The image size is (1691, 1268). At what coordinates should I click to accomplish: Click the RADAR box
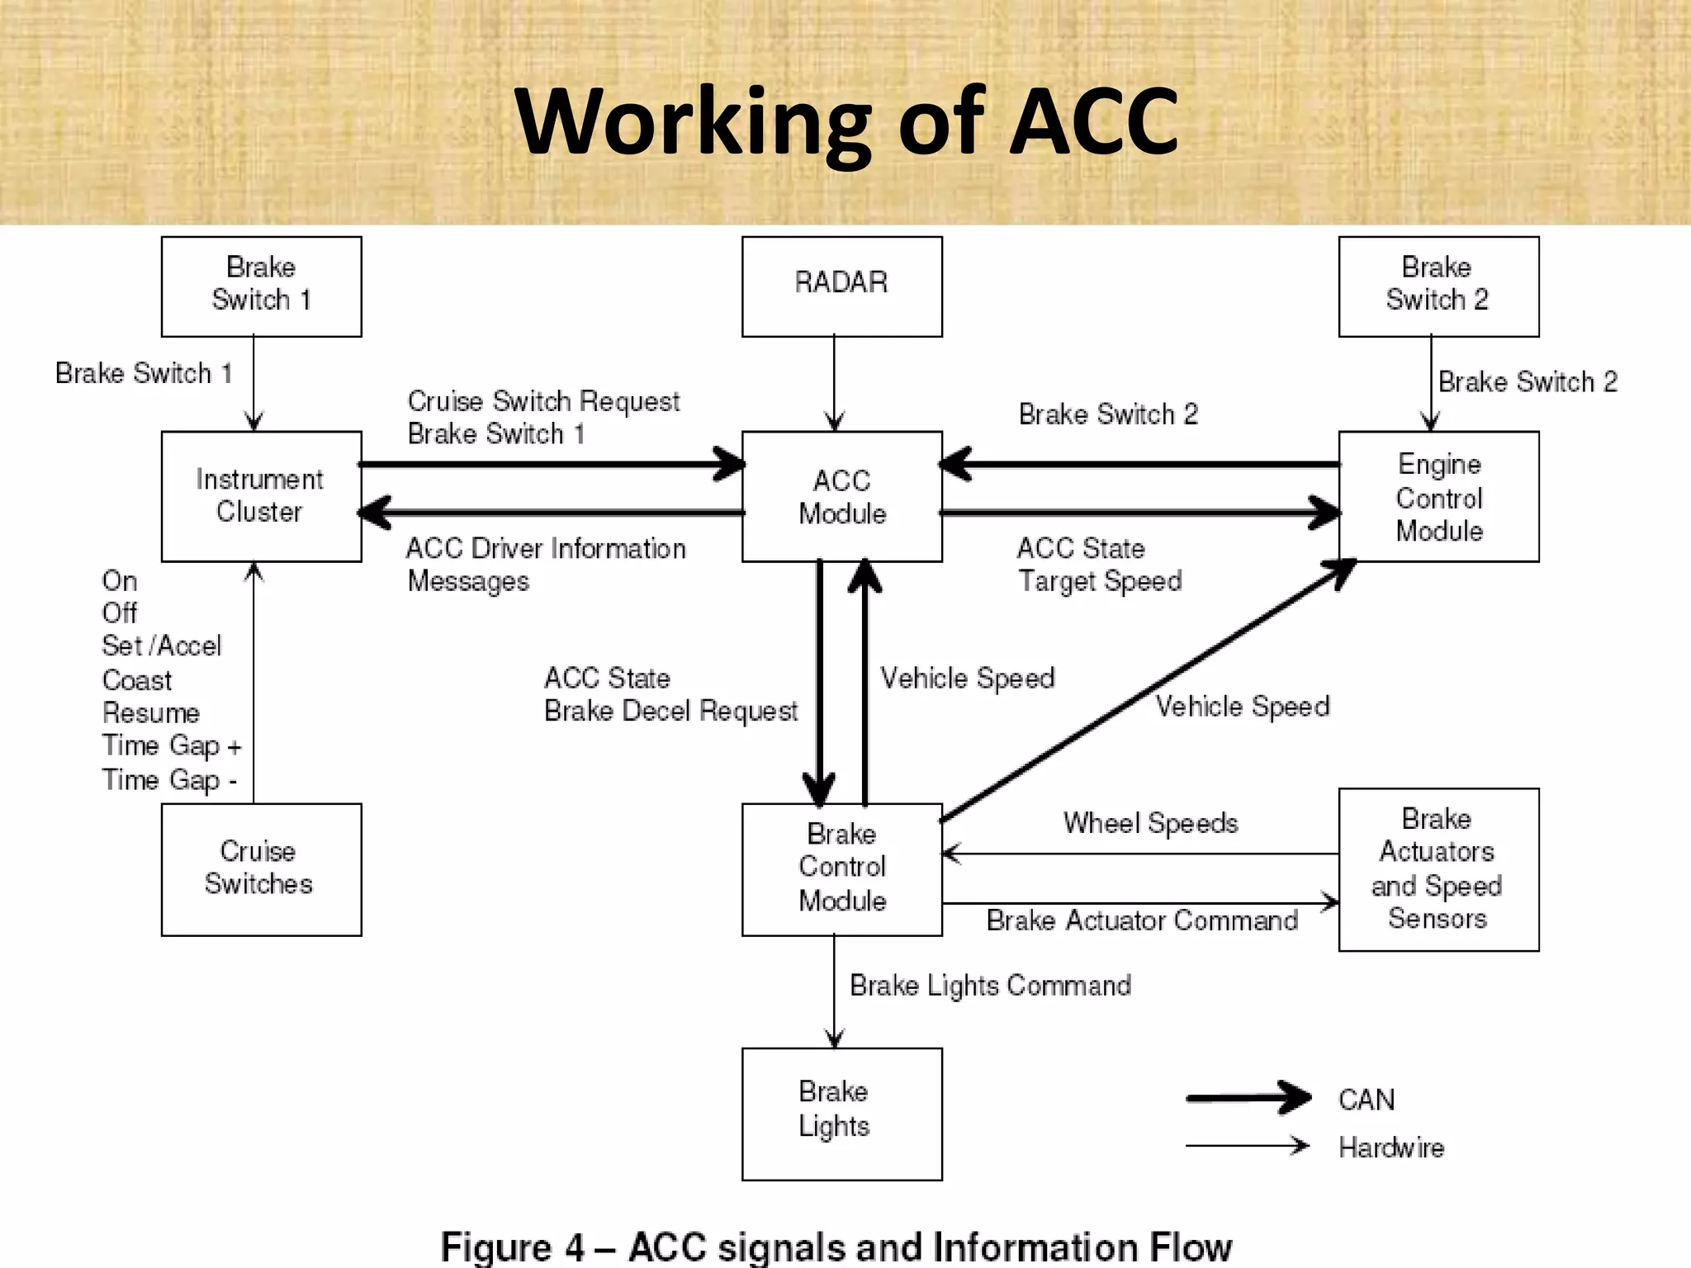pyautogui.click(x=841, y=286)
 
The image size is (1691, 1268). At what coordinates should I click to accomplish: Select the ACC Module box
pyautogui.click(x=841, y=496)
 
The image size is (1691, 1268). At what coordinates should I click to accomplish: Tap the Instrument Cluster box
pyautogui.click(x=261, y=496)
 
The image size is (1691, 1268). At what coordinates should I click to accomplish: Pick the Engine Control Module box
pyautogui.click(x=1438, y=496)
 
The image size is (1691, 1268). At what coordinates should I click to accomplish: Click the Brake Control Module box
pyautogui.click(x=841, y=868)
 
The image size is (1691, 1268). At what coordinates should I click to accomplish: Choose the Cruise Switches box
pyautogui.click(x=261, y=868)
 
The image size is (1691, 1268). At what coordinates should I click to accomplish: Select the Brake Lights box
pyautogui.click(x=841, y=1113)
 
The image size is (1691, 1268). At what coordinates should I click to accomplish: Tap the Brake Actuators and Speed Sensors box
pyautogui.click(x=1438, y=868)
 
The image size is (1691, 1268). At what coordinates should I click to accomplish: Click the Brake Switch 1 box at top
pyautogui.click(x=261, y=286)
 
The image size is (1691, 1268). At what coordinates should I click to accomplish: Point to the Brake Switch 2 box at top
pyautogui.click(x=1438, y=286)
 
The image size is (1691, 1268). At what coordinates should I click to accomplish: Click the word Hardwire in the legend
pyautogui.click(x=1391, y=1147)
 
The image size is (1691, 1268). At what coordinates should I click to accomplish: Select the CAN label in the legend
pyautogui.click(x=1367, y=1100)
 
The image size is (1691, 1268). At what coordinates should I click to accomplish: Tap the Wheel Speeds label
pyautogui.click(x=1150, y=823)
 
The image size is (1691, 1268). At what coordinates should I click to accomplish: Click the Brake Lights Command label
pyautogui.click(x=990, y=986)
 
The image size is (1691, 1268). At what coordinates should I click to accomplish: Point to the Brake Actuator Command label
pyautogui.click(x=1142, y=920)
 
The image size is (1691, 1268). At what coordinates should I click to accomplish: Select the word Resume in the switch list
pyautogui.click(x=151, y=712)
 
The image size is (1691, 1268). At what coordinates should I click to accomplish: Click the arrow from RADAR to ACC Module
pyautogui.click(x=834, y=384)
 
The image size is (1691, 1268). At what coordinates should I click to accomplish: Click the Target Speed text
pyautogui.click(x=1100, y=581)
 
